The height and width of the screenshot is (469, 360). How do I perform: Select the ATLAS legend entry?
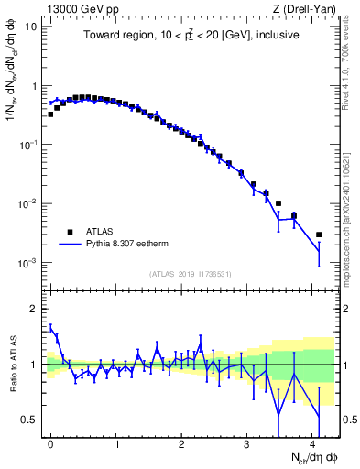(97, 232)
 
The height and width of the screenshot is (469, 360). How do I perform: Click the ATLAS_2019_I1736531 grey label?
(191, 274)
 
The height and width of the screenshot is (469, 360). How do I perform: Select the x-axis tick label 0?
(50, 442)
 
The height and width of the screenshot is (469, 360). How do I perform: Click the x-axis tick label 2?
(182, 442)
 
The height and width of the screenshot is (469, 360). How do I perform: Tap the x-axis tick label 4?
(313, 442)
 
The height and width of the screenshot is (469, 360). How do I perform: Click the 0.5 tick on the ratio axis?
(30, 420)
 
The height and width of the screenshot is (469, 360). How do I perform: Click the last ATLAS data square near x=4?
(319, 234)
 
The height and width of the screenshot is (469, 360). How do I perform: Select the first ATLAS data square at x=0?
(50, 115)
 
